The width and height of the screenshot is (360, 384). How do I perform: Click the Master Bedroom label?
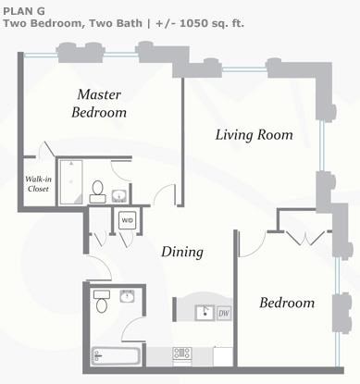[99, 104]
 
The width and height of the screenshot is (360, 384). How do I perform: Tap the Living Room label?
[254, 135]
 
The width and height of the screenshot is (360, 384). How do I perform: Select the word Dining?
[182, 252]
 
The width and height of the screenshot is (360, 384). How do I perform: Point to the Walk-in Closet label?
[38, 184]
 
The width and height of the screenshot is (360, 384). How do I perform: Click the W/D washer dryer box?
[128, 220]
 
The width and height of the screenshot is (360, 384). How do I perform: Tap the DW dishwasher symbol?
[224, 314]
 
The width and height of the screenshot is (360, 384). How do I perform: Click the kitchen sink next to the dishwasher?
[205, 313]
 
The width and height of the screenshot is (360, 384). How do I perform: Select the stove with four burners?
[182, 353]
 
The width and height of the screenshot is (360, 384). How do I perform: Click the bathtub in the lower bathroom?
[116, 356]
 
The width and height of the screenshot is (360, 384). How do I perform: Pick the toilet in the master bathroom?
[98, 192]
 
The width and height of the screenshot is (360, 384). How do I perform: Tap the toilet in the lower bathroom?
[102, 301]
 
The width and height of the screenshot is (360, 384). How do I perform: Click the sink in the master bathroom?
[119, 196]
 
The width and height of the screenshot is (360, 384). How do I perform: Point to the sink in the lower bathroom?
[127, 296]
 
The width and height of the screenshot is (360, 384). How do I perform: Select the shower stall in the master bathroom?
[71, 182]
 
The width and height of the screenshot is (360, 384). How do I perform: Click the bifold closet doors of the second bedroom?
[305, 238]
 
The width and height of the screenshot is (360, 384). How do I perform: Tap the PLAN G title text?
[24, 11]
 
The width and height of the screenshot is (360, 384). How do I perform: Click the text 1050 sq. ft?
[212, 23]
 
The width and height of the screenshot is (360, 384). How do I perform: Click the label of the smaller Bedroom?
[287, 303]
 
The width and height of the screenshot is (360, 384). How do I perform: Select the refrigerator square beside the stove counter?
[223, 356]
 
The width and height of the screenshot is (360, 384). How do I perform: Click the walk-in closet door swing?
[47, 149]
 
